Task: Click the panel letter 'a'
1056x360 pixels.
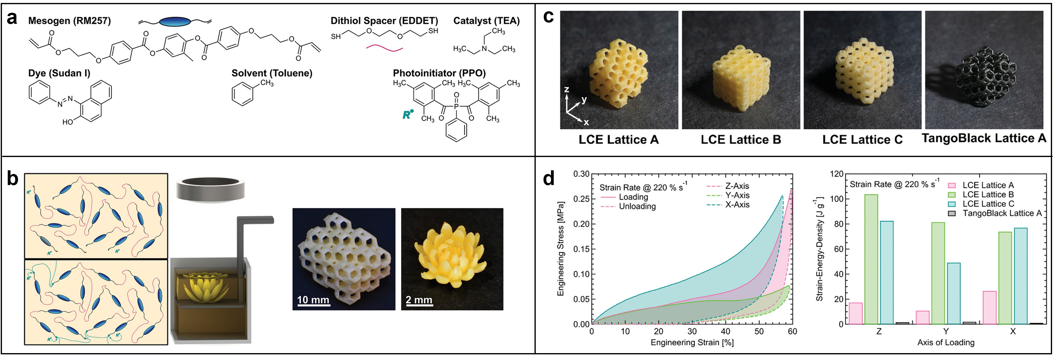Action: (x=12, y=19)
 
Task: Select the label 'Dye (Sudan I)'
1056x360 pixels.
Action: (x=59, y=73)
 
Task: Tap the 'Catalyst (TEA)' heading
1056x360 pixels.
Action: (x=486, y=21)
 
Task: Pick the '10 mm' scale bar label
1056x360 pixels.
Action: (x=313, y=300)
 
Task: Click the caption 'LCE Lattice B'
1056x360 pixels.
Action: (x=741, y=140)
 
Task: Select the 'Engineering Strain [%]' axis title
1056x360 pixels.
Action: (x=692, y=342)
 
